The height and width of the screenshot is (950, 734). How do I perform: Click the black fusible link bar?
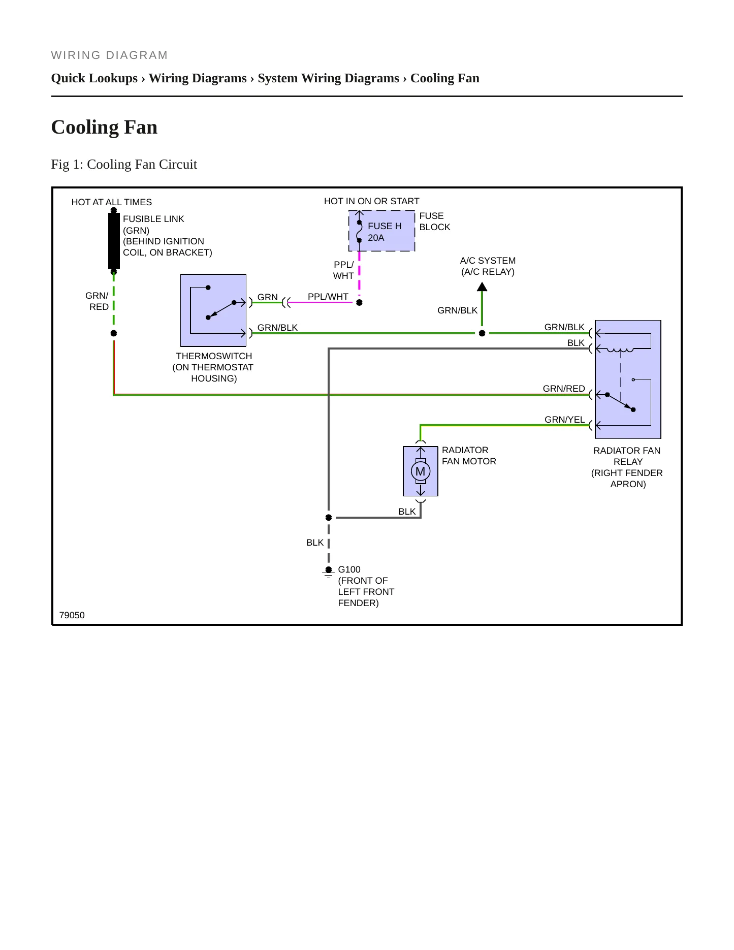114,241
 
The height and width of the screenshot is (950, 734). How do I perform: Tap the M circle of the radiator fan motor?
421,471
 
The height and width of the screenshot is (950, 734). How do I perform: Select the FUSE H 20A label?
385,232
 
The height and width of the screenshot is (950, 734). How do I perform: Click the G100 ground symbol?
329,573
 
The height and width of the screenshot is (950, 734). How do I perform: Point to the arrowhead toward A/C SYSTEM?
482,287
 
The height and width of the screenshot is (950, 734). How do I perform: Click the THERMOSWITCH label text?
214,356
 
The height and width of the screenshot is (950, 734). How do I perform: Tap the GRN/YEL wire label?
565,420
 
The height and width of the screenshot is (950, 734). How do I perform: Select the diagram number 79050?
72,615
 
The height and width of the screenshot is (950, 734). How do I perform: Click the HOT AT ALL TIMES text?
112,202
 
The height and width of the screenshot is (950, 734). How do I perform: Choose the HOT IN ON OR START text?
372,201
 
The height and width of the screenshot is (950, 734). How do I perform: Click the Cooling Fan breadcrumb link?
445,78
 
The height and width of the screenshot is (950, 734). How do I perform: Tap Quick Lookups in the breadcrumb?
94,78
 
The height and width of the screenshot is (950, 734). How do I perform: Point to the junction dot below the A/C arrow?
482,333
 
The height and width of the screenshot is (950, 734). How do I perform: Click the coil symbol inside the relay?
620,350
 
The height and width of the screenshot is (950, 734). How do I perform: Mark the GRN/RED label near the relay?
564,389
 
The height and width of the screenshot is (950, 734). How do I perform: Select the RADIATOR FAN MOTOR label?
469,456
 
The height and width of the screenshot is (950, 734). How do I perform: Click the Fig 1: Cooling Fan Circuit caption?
124,164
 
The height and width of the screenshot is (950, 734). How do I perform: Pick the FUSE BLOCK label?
435,221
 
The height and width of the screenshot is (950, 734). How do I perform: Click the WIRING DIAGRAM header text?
110,55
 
